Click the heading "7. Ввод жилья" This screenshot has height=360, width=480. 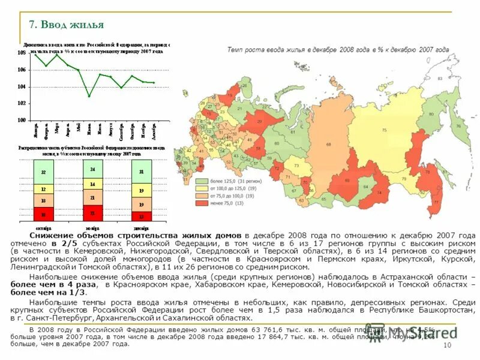[67, 25]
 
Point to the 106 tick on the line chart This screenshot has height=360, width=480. [22, 70]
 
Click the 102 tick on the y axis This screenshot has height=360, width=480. [22, 103]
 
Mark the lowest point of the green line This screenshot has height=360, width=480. [89, 96]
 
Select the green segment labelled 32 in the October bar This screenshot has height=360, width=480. [43, 172]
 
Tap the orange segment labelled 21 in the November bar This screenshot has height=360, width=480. [92, 198]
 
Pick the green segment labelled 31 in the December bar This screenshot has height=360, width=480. [141, 172]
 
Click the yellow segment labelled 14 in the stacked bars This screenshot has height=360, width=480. [92, 184]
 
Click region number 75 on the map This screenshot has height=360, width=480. [384, 130]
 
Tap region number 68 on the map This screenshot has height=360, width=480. [329, 144]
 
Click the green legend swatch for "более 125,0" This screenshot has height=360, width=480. [202, 181]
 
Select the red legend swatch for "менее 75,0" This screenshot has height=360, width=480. [202, 203]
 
